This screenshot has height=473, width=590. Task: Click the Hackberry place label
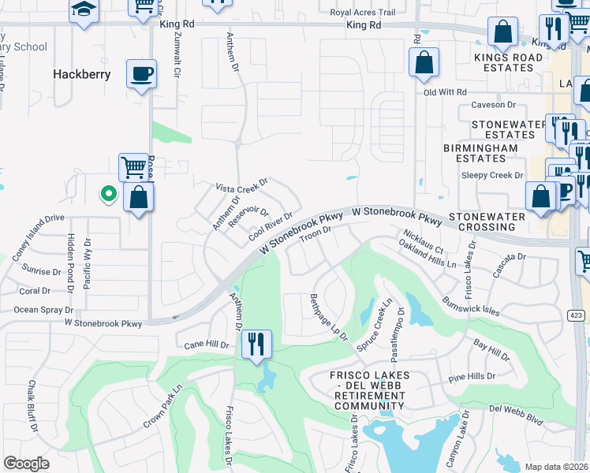pyautogui.click(x=81, y=74)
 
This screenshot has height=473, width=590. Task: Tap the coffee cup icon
pyautogui.click(x=141, y=74)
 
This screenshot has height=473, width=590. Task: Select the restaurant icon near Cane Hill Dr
pyautogui.click(x=256, y=344)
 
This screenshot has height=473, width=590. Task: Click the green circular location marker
pyautogui.click(x=107, y=194)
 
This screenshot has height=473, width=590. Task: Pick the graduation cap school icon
pyautogui.click(x=82, y=9)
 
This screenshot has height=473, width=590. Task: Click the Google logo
pyautogui.click(x=27, y=464)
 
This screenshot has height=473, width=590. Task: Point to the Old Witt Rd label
pyautogui.click(x=446, y=92)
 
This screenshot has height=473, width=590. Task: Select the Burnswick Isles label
pyautogui.click(x=471, y=306)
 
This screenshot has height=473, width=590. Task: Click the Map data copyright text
pyautogui.click(x=555, y=467)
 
